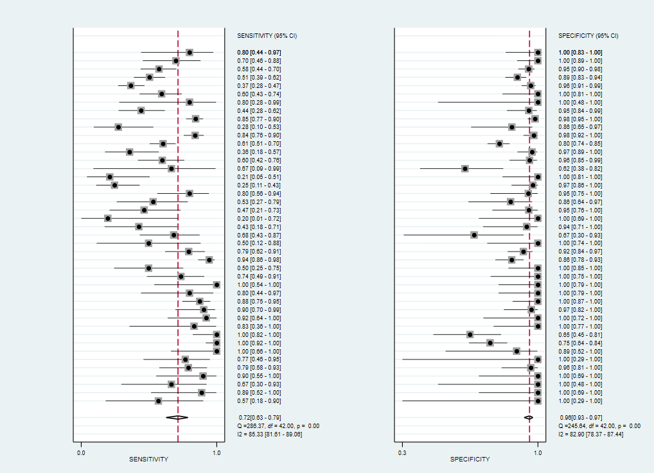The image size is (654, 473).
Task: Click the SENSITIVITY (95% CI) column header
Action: coord(267,36)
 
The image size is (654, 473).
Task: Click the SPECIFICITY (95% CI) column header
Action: coord(588,36)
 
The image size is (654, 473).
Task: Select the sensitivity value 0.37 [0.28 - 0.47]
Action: coord(259,86)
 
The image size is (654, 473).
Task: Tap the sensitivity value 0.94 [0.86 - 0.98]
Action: coord(259,260)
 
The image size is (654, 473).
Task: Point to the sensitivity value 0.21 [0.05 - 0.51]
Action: coord(259,177)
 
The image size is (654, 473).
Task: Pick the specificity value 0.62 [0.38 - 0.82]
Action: coord(580,169)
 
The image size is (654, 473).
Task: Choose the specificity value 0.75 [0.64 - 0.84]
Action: coord(580,343)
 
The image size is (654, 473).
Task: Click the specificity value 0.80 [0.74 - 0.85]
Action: coord(580,144)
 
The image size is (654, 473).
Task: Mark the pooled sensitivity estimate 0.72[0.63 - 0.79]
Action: coord(260,418)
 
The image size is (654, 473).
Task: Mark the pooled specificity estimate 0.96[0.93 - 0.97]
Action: coord(581,418)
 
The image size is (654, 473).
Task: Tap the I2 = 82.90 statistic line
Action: coord(591,434)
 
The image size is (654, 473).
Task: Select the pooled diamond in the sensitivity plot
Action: coord(177,418)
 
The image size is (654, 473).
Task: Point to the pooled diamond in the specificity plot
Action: coord(529,418)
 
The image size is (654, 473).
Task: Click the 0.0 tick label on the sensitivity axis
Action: coord(81,453)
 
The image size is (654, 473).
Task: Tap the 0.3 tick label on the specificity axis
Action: coord(402,453)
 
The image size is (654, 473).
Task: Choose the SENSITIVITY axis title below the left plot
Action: coord(148,460)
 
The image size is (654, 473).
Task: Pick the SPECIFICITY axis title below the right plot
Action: coord(470,460)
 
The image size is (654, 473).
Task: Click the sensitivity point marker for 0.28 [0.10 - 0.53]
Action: coord(118,126)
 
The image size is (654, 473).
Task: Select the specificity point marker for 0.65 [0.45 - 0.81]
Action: coord(470,334)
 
